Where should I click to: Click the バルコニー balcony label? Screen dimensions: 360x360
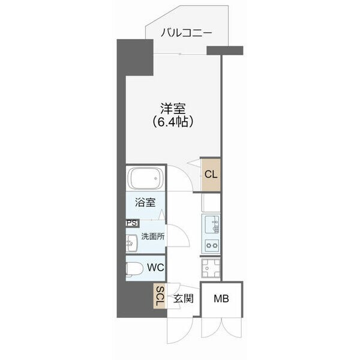(186, 33)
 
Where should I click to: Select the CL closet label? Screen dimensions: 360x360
(210, 175)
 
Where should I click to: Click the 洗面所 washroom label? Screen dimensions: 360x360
(152, 236)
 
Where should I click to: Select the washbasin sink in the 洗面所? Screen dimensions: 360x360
(132, 243)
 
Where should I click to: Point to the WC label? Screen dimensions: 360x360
(158, 266)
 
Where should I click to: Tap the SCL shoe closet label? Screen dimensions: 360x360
(160, 296)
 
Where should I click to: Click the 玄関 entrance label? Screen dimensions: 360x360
(184, 299)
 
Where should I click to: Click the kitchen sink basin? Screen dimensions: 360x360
(212, 225)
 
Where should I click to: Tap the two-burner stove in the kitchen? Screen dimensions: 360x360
(212, 245)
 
